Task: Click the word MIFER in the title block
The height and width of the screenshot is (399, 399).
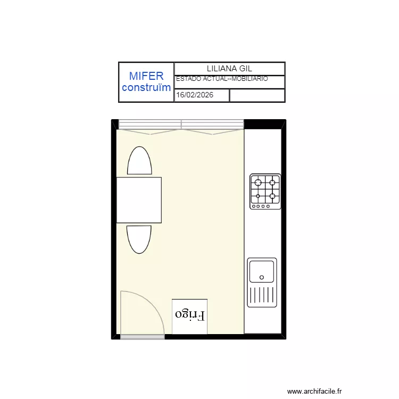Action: click(146, 76)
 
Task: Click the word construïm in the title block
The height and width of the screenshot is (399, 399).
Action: click(146, 88)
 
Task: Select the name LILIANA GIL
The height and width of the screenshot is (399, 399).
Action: click(229, 69)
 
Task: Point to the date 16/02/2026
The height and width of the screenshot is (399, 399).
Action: click(195, 96)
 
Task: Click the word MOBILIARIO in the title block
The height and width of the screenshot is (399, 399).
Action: click(250, 79)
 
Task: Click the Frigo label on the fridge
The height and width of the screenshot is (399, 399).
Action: click(190, 314)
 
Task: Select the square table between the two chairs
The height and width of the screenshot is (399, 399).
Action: click(139, 200)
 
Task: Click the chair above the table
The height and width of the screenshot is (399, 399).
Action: click(139, 161)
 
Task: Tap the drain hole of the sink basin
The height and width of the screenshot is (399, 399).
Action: click(262, 277)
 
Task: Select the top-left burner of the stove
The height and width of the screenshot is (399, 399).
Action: click(258, 183)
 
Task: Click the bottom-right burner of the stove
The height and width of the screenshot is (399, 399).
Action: click(272, 196)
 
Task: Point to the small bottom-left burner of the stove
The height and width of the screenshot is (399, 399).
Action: click(258, 196)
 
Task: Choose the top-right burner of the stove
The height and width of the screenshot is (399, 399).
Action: click(272, 183)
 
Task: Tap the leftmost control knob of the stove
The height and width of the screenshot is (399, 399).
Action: click(254, 206)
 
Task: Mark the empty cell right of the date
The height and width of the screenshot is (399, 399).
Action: click(256, 96)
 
